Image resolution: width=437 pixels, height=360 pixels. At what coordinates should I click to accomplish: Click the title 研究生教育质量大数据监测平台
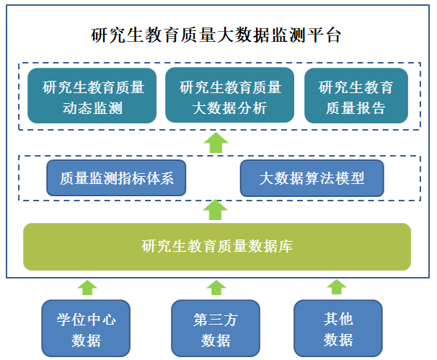pyautogui.click(x=216, y=35)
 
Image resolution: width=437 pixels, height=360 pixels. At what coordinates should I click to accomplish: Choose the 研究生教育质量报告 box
pyautogui.click(x=356, y=96)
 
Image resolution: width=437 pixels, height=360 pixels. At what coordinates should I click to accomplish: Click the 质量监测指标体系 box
pyautogui.click(x=117, y=177)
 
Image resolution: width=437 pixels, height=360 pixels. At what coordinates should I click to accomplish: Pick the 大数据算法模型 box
pyautogui.click(x=312, y=177)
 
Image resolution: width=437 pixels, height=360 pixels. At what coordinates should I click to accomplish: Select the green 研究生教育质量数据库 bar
pyautogui.click(x=216, y=247)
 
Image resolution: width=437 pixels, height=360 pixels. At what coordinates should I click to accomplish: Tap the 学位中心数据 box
pyautogui.click(x=87, y=329)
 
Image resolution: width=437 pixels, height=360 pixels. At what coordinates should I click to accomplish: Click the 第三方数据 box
pyautogui.click(x=216, y=329)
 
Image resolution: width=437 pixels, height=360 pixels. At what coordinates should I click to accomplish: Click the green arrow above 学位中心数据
pyautogui.click(x=87, y=287)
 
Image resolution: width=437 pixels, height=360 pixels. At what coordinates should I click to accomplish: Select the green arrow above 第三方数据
pyautogui.click(x=216, y=287)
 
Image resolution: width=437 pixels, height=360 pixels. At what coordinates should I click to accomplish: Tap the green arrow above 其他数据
pyautogui.click(x=337, y=287)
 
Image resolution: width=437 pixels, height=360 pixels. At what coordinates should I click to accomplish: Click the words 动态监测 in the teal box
pyautogui.click(x=92, y=108)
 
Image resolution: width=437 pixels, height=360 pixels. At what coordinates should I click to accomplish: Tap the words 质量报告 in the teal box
pyautogui.click(x=356, y=108)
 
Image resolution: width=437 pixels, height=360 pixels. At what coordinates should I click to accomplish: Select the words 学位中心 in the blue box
pyautogui.click(x=87, y=318)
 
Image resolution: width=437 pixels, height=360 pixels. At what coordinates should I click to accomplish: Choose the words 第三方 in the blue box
pyautogui.click(x=216, y=318)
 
